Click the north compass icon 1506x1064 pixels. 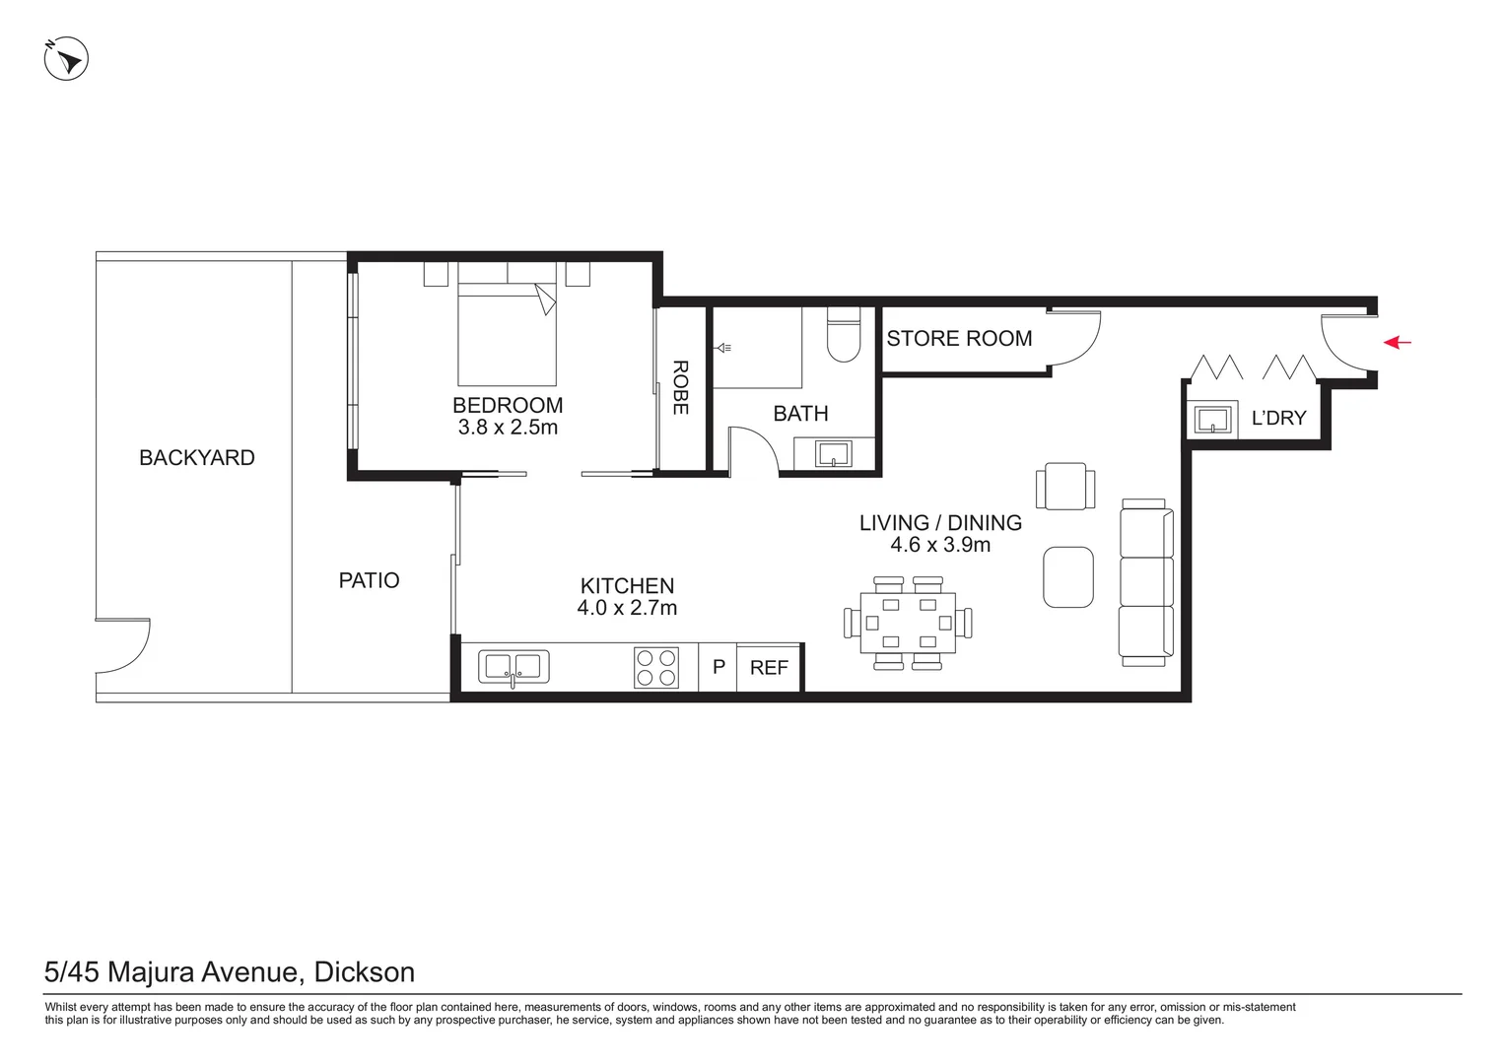[66, 59]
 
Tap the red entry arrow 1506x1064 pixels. [1397, 343]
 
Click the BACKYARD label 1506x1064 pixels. [196, 458]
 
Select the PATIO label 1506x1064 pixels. [369, 581]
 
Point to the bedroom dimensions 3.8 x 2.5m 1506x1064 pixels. [508, 428]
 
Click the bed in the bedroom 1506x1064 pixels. [507, 333]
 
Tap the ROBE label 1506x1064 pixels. [680, 387]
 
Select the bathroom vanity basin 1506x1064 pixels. [834, 453]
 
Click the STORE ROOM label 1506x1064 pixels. [959, 339]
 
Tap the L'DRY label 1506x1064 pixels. [1277, 418]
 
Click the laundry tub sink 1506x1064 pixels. [1211, 420]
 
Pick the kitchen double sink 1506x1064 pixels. [513, 667]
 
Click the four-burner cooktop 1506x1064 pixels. [655, 667]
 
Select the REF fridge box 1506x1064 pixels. [769, 668]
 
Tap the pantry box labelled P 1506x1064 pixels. [719, 667]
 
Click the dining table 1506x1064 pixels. [907, 623]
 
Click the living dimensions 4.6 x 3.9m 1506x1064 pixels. [940, 546]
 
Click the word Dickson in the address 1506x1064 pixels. [364, 972]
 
